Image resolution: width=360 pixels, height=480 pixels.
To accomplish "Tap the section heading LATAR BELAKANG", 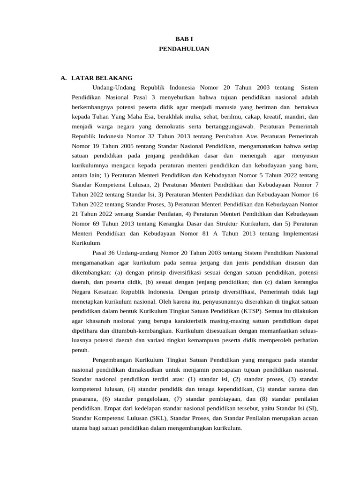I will pyautogui.click(x=102, y=78).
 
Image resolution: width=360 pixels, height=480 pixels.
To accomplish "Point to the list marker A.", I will pyautogui.click(x=64, y=78).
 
